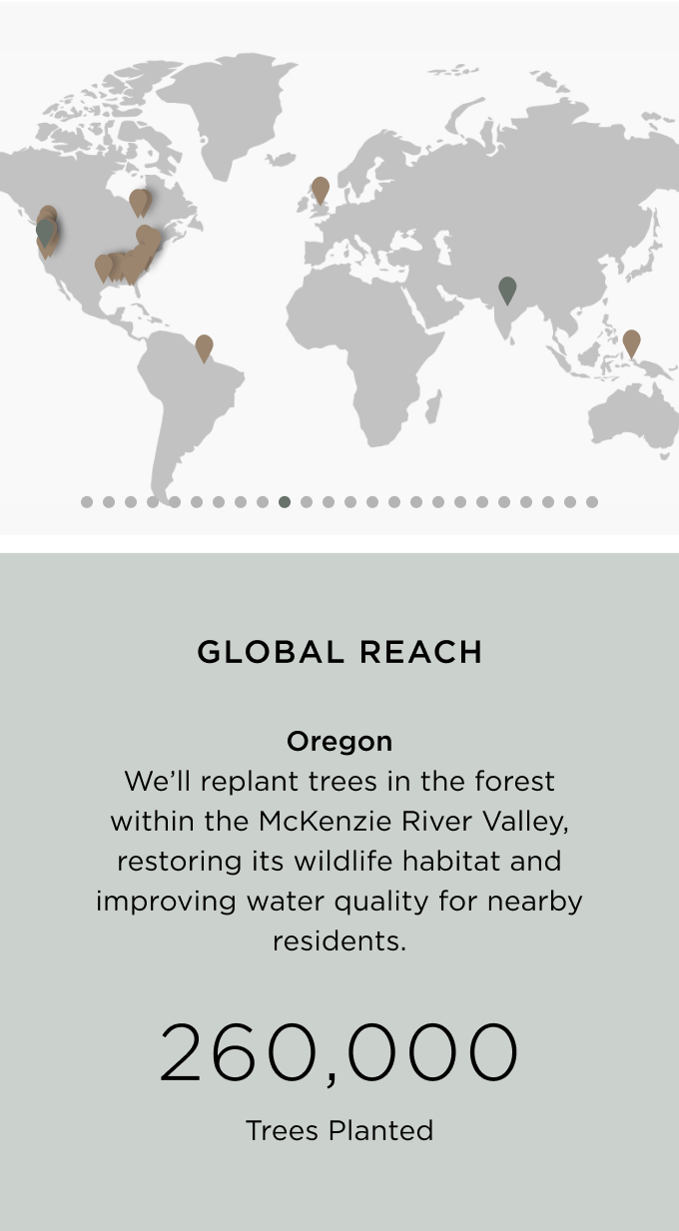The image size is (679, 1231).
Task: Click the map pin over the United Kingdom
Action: point(320,190)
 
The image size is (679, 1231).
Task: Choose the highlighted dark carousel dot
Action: point(285,502)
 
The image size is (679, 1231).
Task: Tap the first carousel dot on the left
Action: point(86,502)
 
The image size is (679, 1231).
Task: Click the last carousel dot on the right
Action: point(591,502)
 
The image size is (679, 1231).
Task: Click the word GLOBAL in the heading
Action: point(271,652)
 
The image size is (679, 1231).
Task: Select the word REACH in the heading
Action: point(421,652)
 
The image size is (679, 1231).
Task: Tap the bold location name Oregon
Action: point(339,742)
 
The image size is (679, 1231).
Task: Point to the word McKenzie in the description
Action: point(325,822)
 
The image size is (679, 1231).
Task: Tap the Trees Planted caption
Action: point(339,1131)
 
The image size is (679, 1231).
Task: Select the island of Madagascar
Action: point(433,406)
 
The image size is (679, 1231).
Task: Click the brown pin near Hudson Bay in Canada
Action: point(140,202)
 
